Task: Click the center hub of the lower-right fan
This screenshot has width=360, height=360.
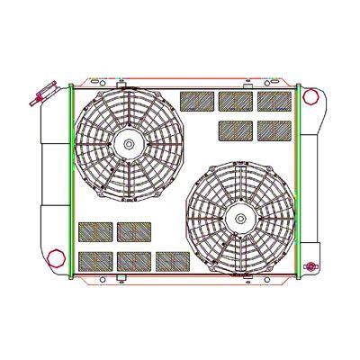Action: pyautogui.click(x=241, y=217)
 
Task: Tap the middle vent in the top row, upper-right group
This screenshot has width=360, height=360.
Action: pyautogui.click(x=235, y=100)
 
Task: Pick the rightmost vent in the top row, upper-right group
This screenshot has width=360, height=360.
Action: pyautogui.click(x=274, y=100)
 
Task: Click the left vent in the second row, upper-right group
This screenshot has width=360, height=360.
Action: pyautogui.click(x=235, y=130)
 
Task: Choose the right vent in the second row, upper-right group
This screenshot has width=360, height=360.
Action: pyautogui.click(x=274, y=130)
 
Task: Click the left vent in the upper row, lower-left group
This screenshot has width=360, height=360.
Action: pyautogui.click(x=94, y=231)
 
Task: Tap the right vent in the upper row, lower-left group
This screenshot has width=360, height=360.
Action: pyautogui.click(x=133, y=231)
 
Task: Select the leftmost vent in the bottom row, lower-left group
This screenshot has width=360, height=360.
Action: pyautogui.click(x=94, y=261)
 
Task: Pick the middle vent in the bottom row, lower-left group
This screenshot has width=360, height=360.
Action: pyautogui.click(x=133, y=261)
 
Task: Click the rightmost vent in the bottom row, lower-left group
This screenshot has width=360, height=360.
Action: pyautogui.click(x=171, y=261)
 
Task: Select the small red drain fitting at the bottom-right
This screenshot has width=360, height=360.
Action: pyautogui.click(x=311, y=266)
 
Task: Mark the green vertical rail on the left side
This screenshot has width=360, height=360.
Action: pyautogui.click(x=71, y=180)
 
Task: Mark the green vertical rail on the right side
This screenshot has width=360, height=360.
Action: pyautogui.click(x=298, y=180)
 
